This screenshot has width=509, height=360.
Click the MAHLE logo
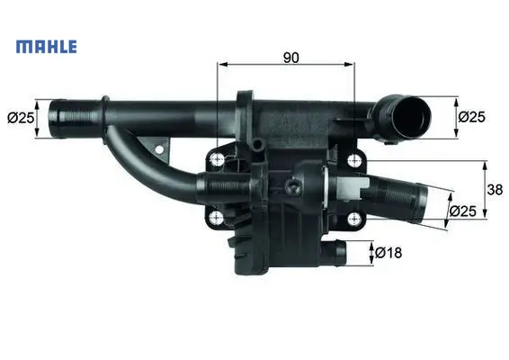click(x=47, y=47)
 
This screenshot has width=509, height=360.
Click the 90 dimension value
click(x=290, y=58)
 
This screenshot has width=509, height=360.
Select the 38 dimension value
click(x=495, y=189)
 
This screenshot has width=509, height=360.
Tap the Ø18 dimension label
click(x=388, y=253)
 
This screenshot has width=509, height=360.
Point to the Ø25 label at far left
click(x=21, y=118)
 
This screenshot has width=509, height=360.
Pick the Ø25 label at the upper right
click(x=471, y=117)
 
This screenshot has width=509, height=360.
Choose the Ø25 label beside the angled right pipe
click(x=463, y=211)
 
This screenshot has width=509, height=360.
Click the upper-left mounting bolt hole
click(x=217, y=159)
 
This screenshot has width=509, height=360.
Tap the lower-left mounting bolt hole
click(x=217, y=218)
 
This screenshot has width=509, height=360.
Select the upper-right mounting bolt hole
click(x=354, y=160)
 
